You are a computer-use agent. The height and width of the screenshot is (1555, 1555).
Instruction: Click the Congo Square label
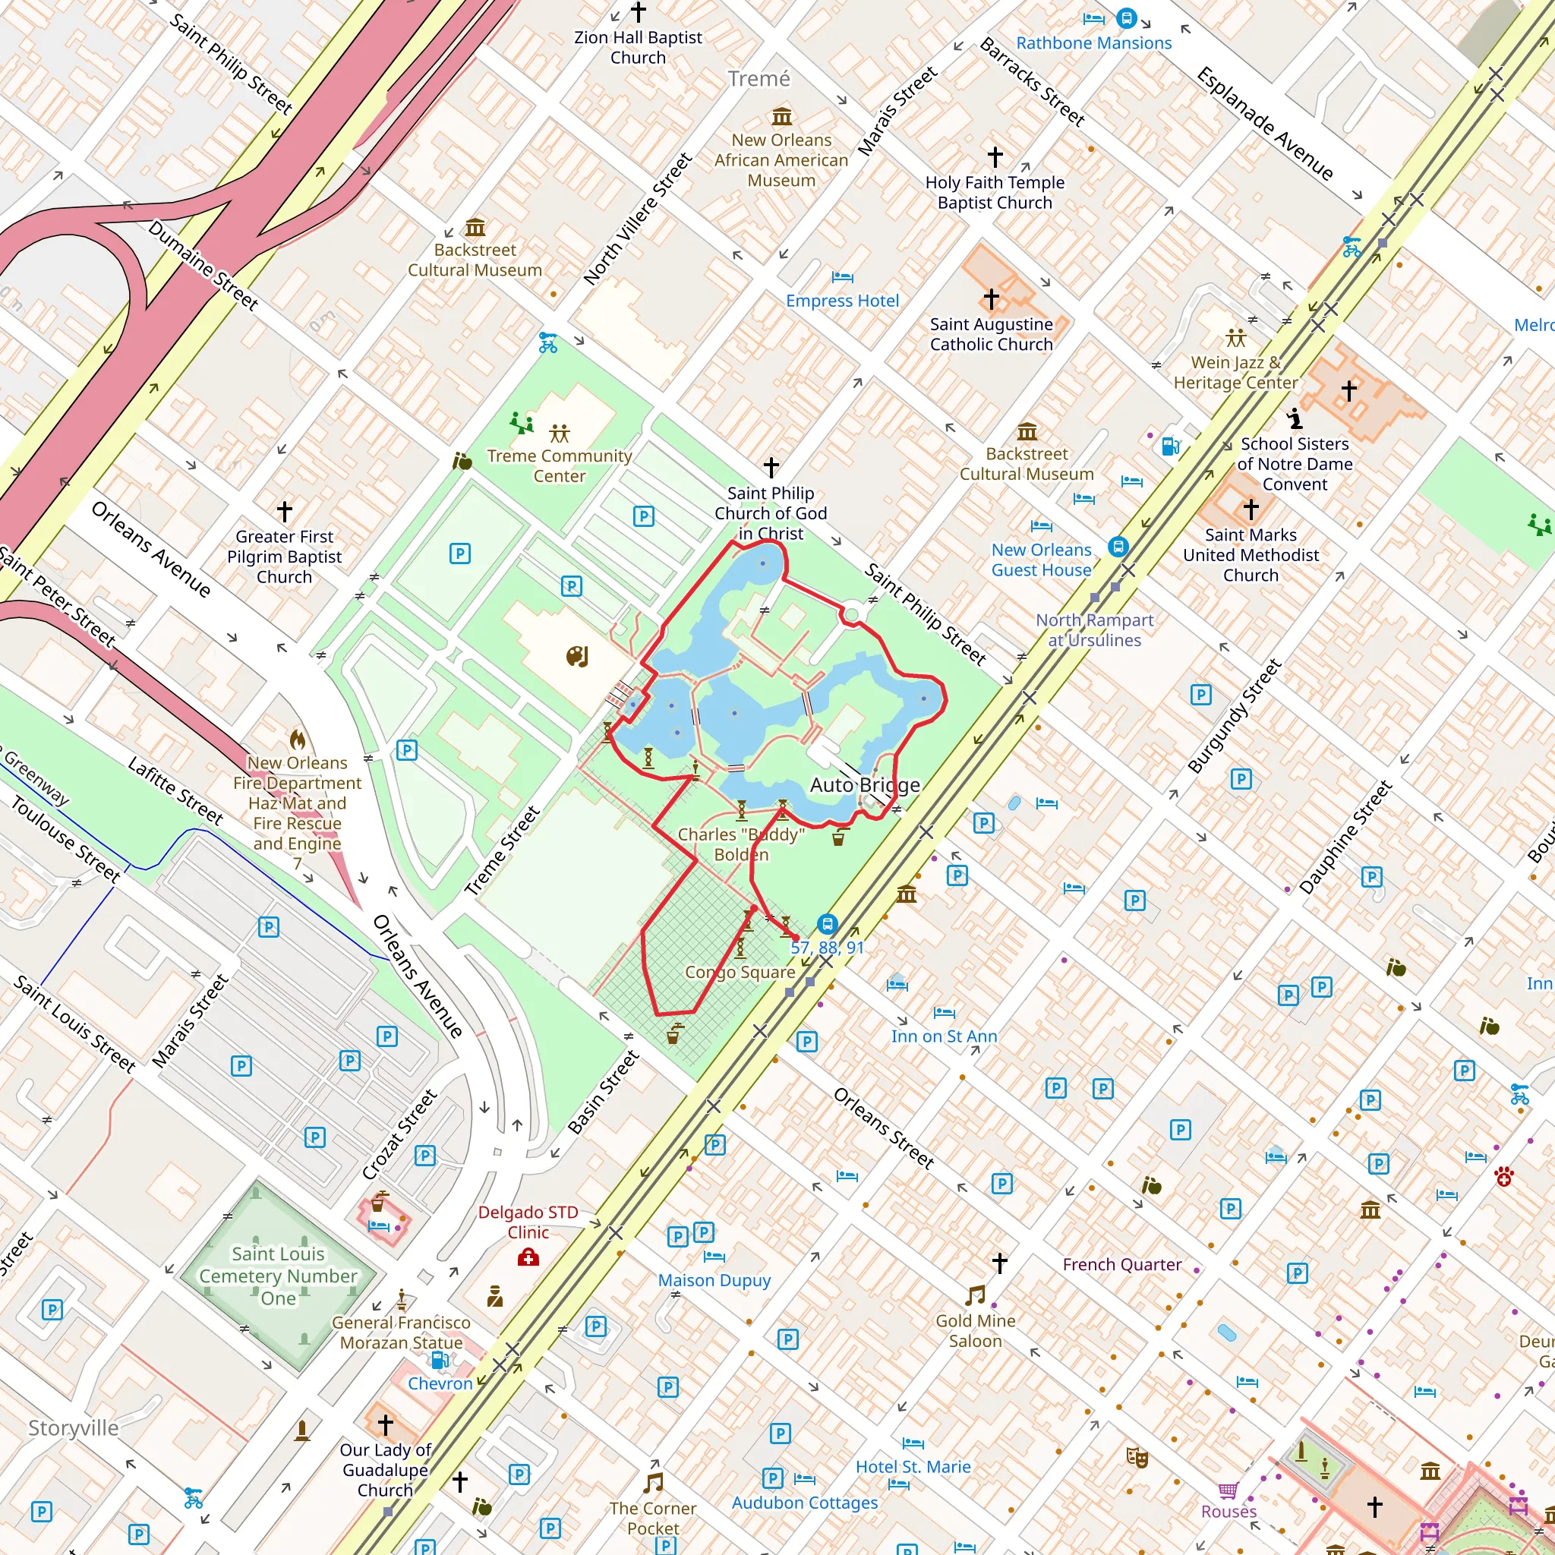coord(740,973)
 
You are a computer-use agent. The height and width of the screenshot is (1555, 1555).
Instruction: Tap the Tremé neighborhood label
coord(759,79)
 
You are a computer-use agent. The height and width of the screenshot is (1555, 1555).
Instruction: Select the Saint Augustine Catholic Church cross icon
coord(992,298)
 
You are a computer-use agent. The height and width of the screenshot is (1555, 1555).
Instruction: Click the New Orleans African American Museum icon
coord(781,118)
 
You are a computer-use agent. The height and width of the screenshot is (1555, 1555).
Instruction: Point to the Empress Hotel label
coord(842,301)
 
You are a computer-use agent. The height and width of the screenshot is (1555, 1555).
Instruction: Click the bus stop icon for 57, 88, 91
coord(828,924)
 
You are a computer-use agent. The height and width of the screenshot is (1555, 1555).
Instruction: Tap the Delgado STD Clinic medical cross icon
coord(528,1258)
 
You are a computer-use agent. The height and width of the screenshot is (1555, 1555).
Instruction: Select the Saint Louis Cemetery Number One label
coord(279,1276)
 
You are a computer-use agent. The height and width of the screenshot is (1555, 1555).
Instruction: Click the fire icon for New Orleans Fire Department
coord(298,740)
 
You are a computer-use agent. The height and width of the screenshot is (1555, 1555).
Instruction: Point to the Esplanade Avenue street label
coord(1264,124)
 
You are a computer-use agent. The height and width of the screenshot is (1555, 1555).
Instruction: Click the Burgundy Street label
coord(1234,717)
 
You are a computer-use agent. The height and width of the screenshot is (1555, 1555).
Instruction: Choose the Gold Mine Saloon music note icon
coord(975,1295)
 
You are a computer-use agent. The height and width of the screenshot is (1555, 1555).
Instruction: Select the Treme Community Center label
coord(560,466)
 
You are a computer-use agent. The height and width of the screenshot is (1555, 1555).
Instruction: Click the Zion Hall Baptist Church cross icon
coord(639,12)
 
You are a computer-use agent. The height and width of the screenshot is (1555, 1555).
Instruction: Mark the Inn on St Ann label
coord(943,1036)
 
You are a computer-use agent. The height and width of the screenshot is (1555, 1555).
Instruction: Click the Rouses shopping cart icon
coord(1228,1490)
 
